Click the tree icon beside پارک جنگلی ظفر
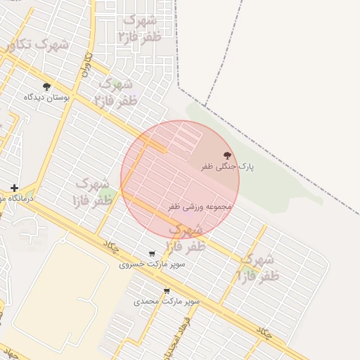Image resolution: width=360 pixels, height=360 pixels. [226, 155]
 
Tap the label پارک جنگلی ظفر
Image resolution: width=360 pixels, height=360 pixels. [227, 167]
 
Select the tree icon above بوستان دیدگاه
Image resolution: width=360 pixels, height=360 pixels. [46, 87]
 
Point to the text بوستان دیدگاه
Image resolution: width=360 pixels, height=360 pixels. [47, 98]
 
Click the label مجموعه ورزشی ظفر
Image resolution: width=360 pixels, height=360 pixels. [200, 207]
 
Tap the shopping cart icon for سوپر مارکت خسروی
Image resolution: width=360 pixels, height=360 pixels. [152, 254]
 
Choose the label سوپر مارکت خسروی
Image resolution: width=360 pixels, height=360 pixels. [152, 264]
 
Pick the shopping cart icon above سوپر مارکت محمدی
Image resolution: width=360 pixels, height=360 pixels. [167, 290]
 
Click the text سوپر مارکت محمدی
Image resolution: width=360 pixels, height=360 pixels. [167, 301]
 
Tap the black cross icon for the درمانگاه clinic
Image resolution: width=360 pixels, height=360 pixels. [14, 188]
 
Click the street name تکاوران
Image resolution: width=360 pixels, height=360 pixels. [87, 64]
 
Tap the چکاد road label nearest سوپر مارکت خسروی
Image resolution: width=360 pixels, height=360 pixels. [112, 245]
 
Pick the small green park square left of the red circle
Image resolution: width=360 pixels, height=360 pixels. [105, 193]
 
